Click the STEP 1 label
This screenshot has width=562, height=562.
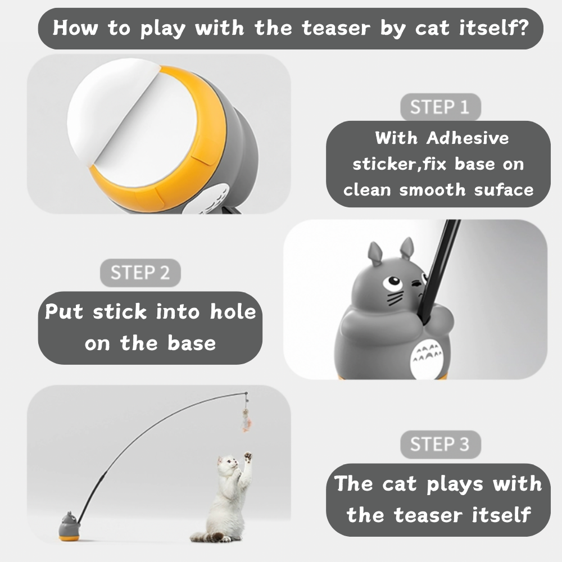pyautogui.click(x=440, y=107)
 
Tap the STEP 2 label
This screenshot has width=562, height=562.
pyautogui.click(x=140, y=273)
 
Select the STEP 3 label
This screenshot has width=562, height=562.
pyautogui.click(x=440, y=444)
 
